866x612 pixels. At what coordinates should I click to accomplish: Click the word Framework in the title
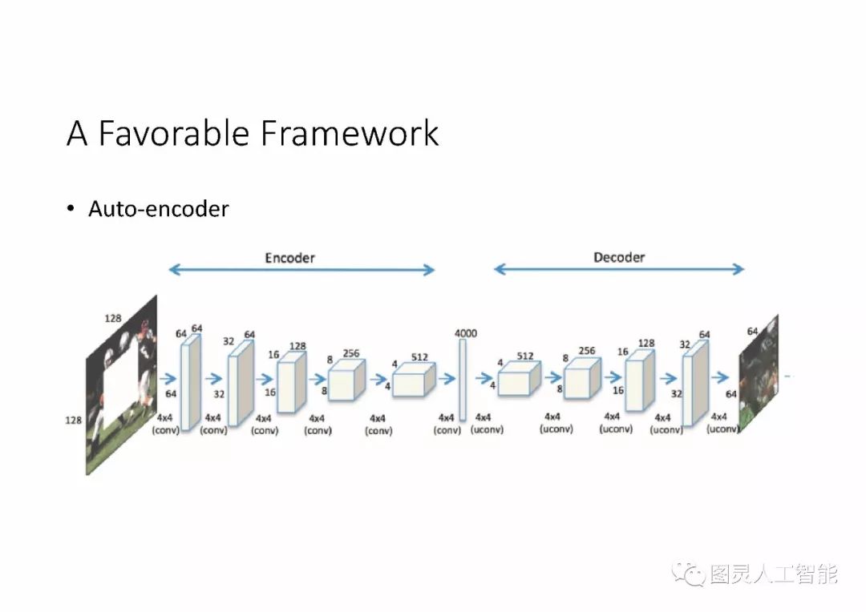pos(350,133)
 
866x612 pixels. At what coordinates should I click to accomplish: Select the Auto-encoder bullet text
pos(159,209)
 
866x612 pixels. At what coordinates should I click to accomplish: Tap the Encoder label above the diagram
pos(290,258)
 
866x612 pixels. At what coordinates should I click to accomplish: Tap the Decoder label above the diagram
pos(619,257)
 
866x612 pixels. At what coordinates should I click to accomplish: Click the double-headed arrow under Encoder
pos(301,271)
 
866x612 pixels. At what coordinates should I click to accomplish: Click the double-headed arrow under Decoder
pos(619,270)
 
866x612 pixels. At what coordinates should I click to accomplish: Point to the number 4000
pos(465,332)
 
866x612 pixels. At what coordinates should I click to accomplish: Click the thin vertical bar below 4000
pos(463,380)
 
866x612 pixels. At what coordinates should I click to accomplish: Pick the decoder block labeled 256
pos(581,380)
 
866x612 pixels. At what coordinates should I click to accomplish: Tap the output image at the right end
pos(758,380)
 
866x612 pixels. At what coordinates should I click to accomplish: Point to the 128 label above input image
pos(113,318)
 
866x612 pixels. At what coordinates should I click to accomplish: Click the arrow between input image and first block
pos(169,379)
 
